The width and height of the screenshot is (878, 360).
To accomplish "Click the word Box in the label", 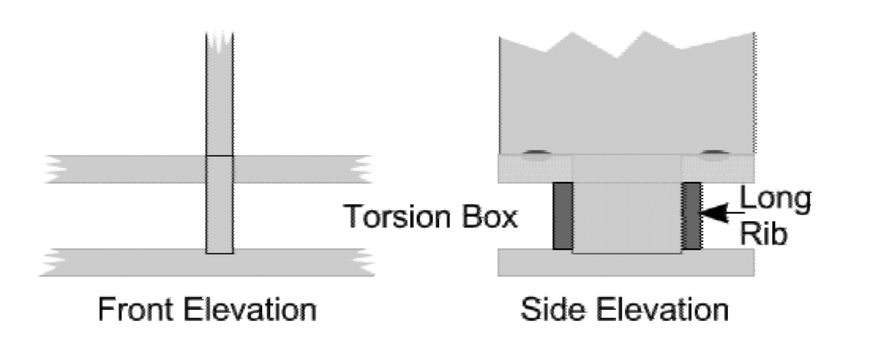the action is click(x=490, y=217).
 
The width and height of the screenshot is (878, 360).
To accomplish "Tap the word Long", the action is click(x=775, y=199).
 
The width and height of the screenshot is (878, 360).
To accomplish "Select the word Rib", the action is click(x=763, y=234).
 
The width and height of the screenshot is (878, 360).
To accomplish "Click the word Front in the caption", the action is click(x=135, y=309).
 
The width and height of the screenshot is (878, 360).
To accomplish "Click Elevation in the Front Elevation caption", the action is click(x=250, y=309).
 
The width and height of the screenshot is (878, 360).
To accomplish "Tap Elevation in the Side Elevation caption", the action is click(x=662, y=309).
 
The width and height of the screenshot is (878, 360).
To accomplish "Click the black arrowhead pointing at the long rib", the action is click(x=714, y=213).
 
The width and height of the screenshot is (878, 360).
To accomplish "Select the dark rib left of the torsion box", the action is click(x=563, y=216).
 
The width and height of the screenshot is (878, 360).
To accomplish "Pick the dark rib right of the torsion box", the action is click(x=691, y=216).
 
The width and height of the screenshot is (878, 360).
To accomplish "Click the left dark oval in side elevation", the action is click(x=537, y=155).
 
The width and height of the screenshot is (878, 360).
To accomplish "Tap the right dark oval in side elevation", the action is click(x=715, y=155).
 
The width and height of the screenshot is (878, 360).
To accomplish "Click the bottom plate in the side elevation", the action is click(x=626, y=263).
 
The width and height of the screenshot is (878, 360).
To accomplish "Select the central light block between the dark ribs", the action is click(x=627, y=218).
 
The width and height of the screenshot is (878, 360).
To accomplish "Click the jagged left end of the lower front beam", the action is click(x=53, y=263).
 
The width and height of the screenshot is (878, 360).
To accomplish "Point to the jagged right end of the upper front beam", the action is click(x=361, y=169).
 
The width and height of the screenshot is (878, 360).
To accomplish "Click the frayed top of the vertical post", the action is click(x=219, y=41).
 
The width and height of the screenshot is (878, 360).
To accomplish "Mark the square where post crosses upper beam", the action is click(x=219, y=169).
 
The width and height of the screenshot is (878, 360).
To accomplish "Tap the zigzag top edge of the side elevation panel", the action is click(x=627, y=45).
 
